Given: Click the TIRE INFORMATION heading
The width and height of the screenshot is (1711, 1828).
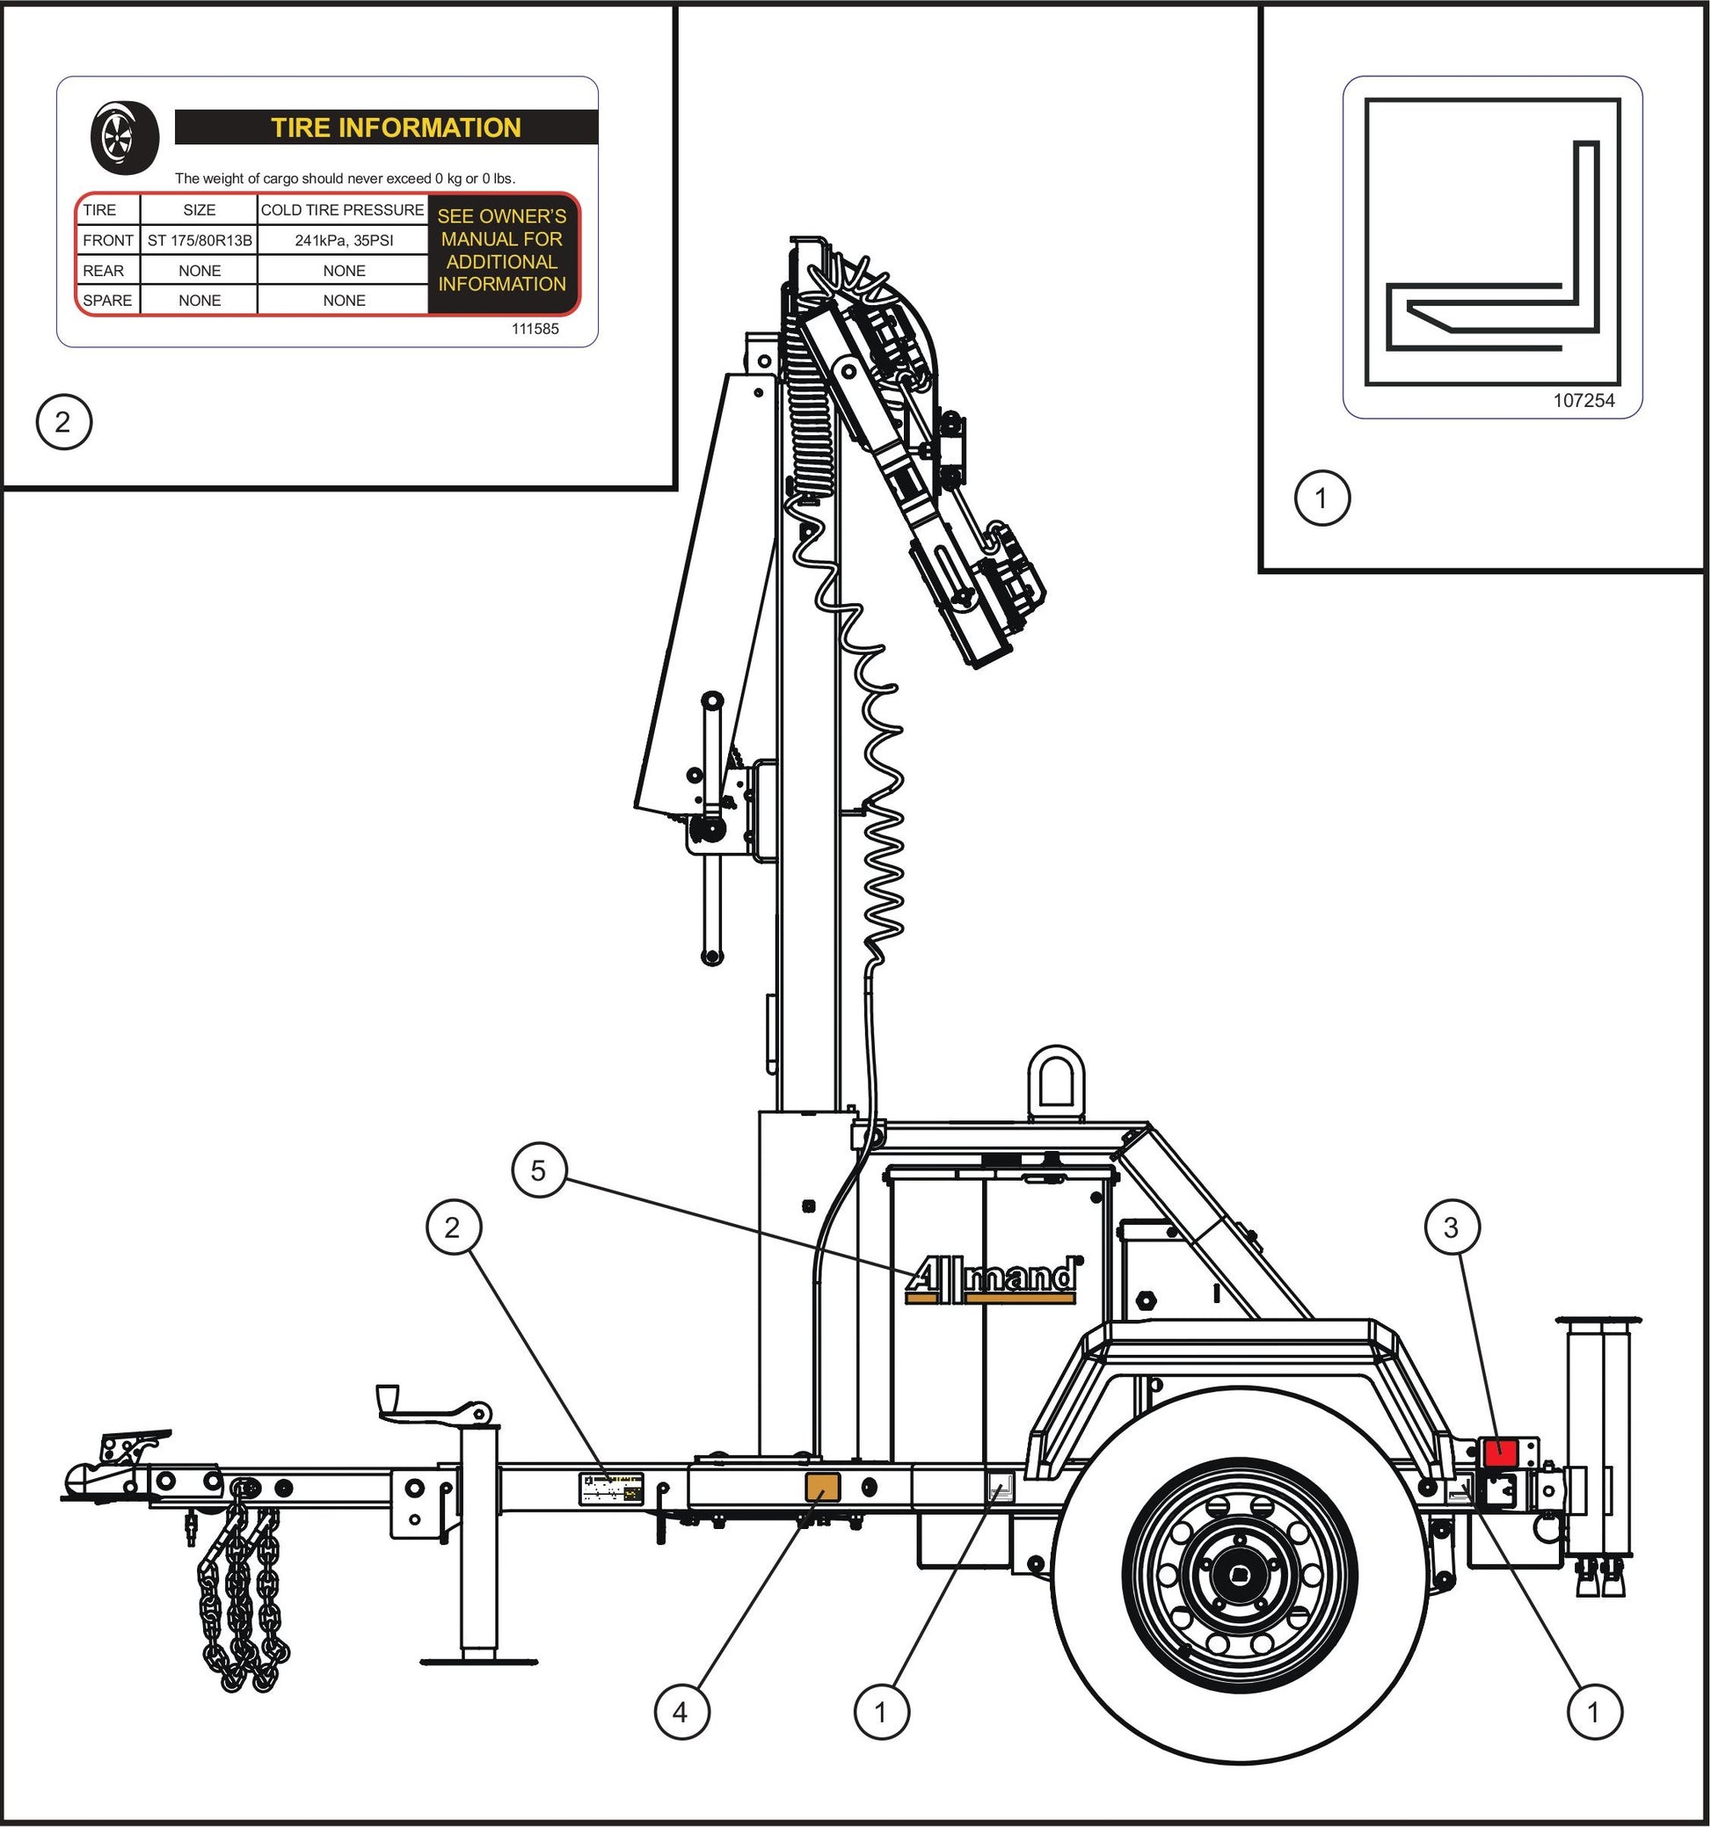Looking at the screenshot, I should click(396, 127).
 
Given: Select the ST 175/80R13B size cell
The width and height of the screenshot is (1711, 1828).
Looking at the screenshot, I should click(199, 241).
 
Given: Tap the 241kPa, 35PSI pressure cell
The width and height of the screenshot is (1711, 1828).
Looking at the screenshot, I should click(344, 241).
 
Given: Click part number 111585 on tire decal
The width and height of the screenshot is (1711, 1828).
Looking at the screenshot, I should click(535, 328).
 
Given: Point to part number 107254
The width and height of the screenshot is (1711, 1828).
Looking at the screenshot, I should click(1584, 400).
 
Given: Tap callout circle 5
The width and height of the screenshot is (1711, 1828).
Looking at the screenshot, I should click(538, 1170).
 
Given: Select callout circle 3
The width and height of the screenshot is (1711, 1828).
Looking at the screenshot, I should click(1451, 1227).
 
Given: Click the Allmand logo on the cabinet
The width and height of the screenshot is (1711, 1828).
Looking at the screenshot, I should click(991, 1279).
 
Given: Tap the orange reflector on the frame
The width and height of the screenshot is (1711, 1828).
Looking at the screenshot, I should click(821, 1487).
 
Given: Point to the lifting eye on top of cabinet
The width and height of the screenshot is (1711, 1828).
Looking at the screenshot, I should click(1056, 1082).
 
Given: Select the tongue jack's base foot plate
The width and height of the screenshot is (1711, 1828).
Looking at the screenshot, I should click(478, 1661).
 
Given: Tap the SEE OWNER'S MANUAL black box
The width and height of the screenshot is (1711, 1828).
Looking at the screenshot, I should click(502, 251).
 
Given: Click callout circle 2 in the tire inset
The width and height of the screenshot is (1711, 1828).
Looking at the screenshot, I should click(63, 422).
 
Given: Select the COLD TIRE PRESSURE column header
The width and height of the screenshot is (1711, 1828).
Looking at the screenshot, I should click(342, 209).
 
